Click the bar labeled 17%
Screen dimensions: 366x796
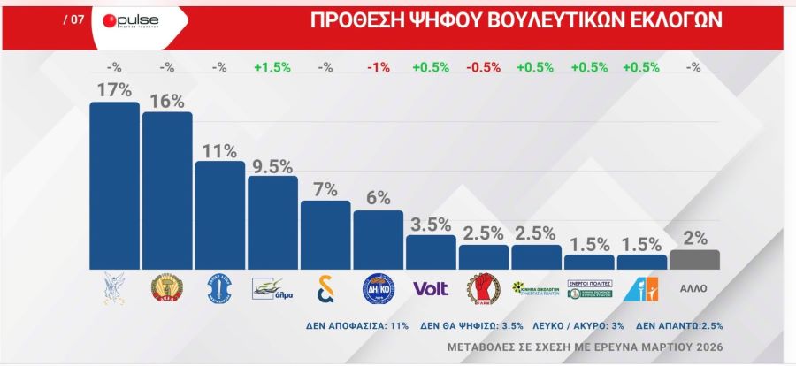[x=114, y=186]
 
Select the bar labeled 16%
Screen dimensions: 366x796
[x=167, y=190]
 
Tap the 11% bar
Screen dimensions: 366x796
[x=219, y=215]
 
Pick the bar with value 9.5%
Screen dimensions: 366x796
[x=272, y=222]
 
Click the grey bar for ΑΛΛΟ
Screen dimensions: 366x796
[x=694, y=260]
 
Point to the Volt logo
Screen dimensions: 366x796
[x=431, y=288]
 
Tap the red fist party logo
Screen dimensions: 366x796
[x=484, y=288]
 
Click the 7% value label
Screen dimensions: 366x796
[x=325, y=190]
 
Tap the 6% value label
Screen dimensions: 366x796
[x=379, y=199]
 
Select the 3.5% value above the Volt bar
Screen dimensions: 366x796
[x=431, y=224]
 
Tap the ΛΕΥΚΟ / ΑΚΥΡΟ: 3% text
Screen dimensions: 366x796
[x=578, y=325]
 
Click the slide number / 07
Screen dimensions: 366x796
[x=74, y=20]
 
